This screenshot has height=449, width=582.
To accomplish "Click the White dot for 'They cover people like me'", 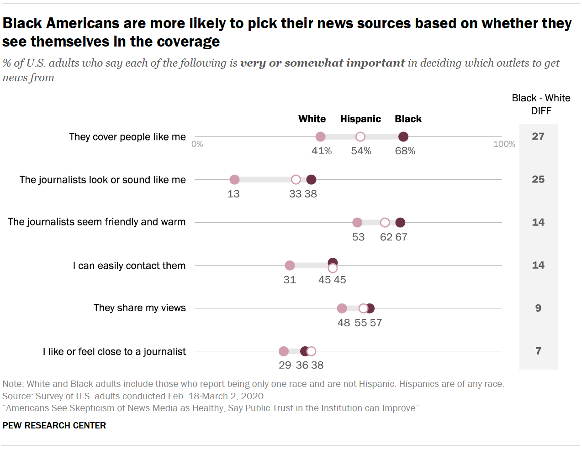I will (x=321, y=137).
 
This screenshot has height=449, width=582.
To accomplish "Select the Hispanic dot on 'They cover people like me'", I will (x=360, y=137).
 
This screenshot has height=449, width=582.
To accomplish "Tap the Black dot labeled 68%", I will (x=403, y=137).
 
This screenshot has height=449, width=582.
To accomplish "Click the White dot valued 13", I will (x=234, y=180).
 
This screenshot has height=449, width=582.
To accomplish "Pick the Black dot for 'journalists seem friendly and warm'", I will (x=400, y=223).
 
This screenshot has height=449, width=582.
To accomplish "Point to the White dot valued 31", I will (x=290, y=266).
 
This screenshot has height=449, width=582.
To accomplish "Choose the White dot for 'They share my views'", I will (x=342, y=308).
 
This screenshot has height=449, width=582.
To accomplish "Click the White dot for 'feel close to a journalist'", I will (x=284, y=351).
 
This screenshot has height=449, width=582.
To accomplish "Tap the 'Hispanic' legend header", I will (x=360, y=119).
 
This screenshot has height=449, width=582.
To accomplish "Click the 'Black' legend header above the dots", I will (x=408, y=119).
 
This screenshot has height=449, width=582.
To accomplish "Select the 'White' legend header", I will (x=312, y=119).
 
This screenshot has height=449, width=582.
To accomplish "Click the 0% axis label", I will (x=197, y=144).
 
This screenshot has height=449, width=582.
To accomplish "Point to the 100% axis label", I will (x=504, y=144).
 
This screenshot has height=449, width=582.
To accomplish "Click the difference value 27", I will (x=538, y=136).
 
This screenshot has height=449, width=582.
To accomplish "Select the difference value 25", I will (x=538, y=179).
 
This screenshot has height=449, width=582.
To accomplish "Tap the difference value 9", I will (x=538, y=308).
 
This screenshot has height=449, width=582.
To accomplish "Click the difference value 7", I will (x=538, y=351).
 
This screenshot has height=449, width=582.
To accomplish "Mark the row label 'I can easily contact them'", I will (x=129, y=266).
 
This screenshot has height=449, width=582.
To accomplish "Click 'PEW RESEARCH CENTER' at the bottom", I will (x=54, y=425).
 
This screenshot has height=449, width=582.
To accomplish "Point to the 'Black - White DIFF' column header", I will (x=541, y=104).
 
